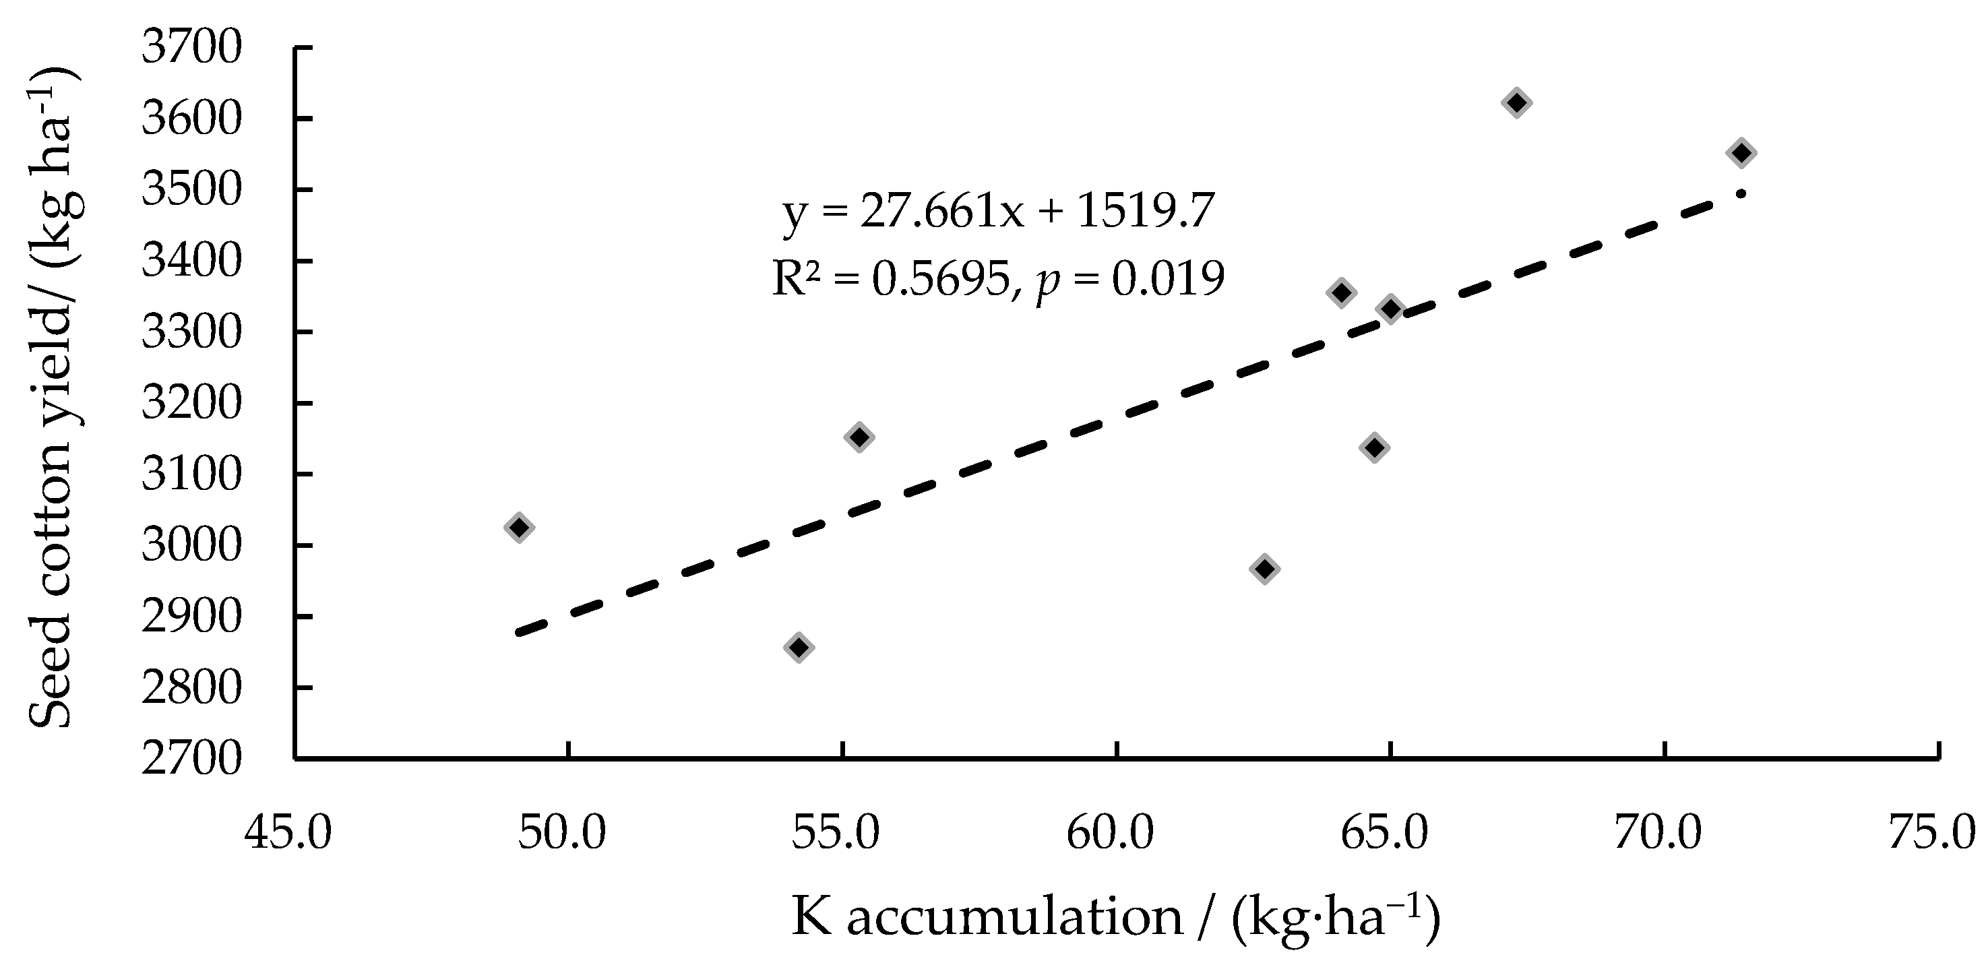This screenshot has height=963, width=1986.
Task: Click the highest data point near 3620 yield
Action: (1516, 102)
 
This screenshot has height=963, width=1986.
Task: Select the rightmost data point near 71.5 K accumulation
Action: (1740, 153)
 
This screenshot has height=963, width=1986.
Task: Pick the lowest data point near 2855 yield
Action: (799, 647)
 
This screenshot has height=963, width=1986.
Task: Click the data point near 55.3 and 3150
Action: (858, 437)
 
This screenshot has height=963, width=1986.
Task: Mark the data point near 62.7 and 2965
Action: (1264, 569)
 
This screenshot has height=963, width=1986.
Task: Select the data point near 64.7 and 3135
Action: (1374, 447)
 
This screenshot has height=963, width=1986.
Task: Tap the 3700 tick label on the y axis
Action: (191, 48)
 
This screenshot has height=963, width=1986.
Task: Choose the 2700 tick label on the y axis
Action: (191, 759)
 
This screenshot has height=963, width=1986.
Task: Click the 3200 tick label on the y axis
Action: (191, 403)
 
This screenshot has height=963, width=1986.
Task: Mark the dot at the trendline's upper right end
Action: (1740, 193)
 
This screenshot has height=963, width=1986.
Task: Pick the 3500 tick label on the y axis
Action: (191, 189)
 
